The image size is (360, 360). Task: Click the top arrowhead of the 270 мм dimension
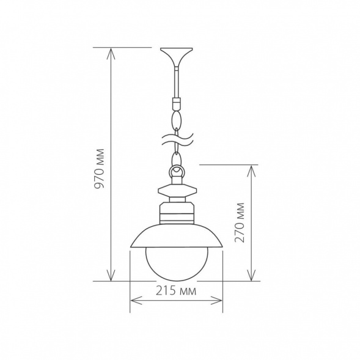(251, 168)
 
